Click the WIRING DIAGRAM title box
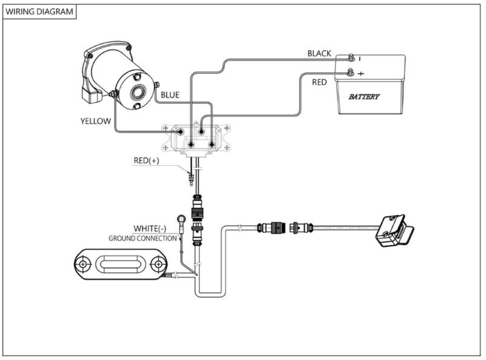point(40,12)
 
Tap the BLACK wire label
point(319,54)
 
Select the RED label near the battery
point(319,82)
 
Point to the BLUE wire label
point(170,95)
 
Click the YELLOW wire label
point(96,121)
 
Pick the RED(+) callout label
point(146,161)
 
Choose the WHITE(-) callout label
point(150,228)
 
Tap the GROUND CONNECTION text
point(143,238)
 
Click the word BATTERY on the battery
point(364,97)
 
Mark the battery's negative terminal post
point(351,58)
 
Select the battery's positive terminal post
point(350,72)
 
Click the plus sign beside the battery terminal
point(361,74)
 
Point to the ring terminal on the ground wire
point(182,219)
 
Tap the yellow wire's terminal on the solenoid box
point(180,132)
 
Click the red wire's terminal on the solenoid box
point(201,132)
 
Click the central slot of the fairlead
point(120,264)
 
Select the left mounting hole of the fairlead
point(83,264)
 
